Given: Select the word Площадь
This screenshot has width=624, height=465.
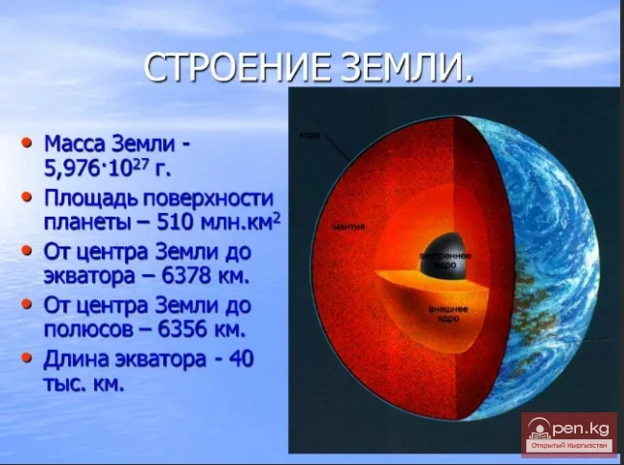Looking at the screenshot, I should click(90, 199).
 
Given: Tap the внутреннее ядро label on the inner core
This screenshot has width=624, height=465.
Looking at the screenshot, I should click(443, 261).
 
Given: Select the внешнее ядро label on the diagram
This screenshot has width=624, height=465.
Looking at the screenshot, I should click(447, 314).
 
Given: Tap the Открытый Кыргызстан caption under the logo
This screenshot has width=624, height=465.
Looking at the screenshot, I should click(569, 446).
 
